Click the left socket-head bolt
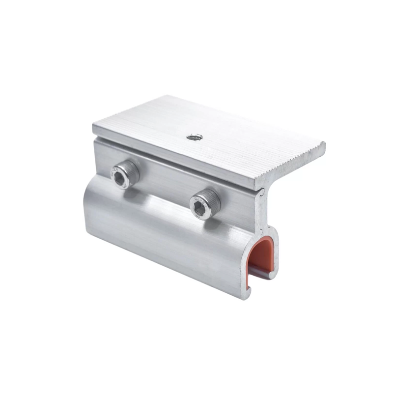pos(122,175)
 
